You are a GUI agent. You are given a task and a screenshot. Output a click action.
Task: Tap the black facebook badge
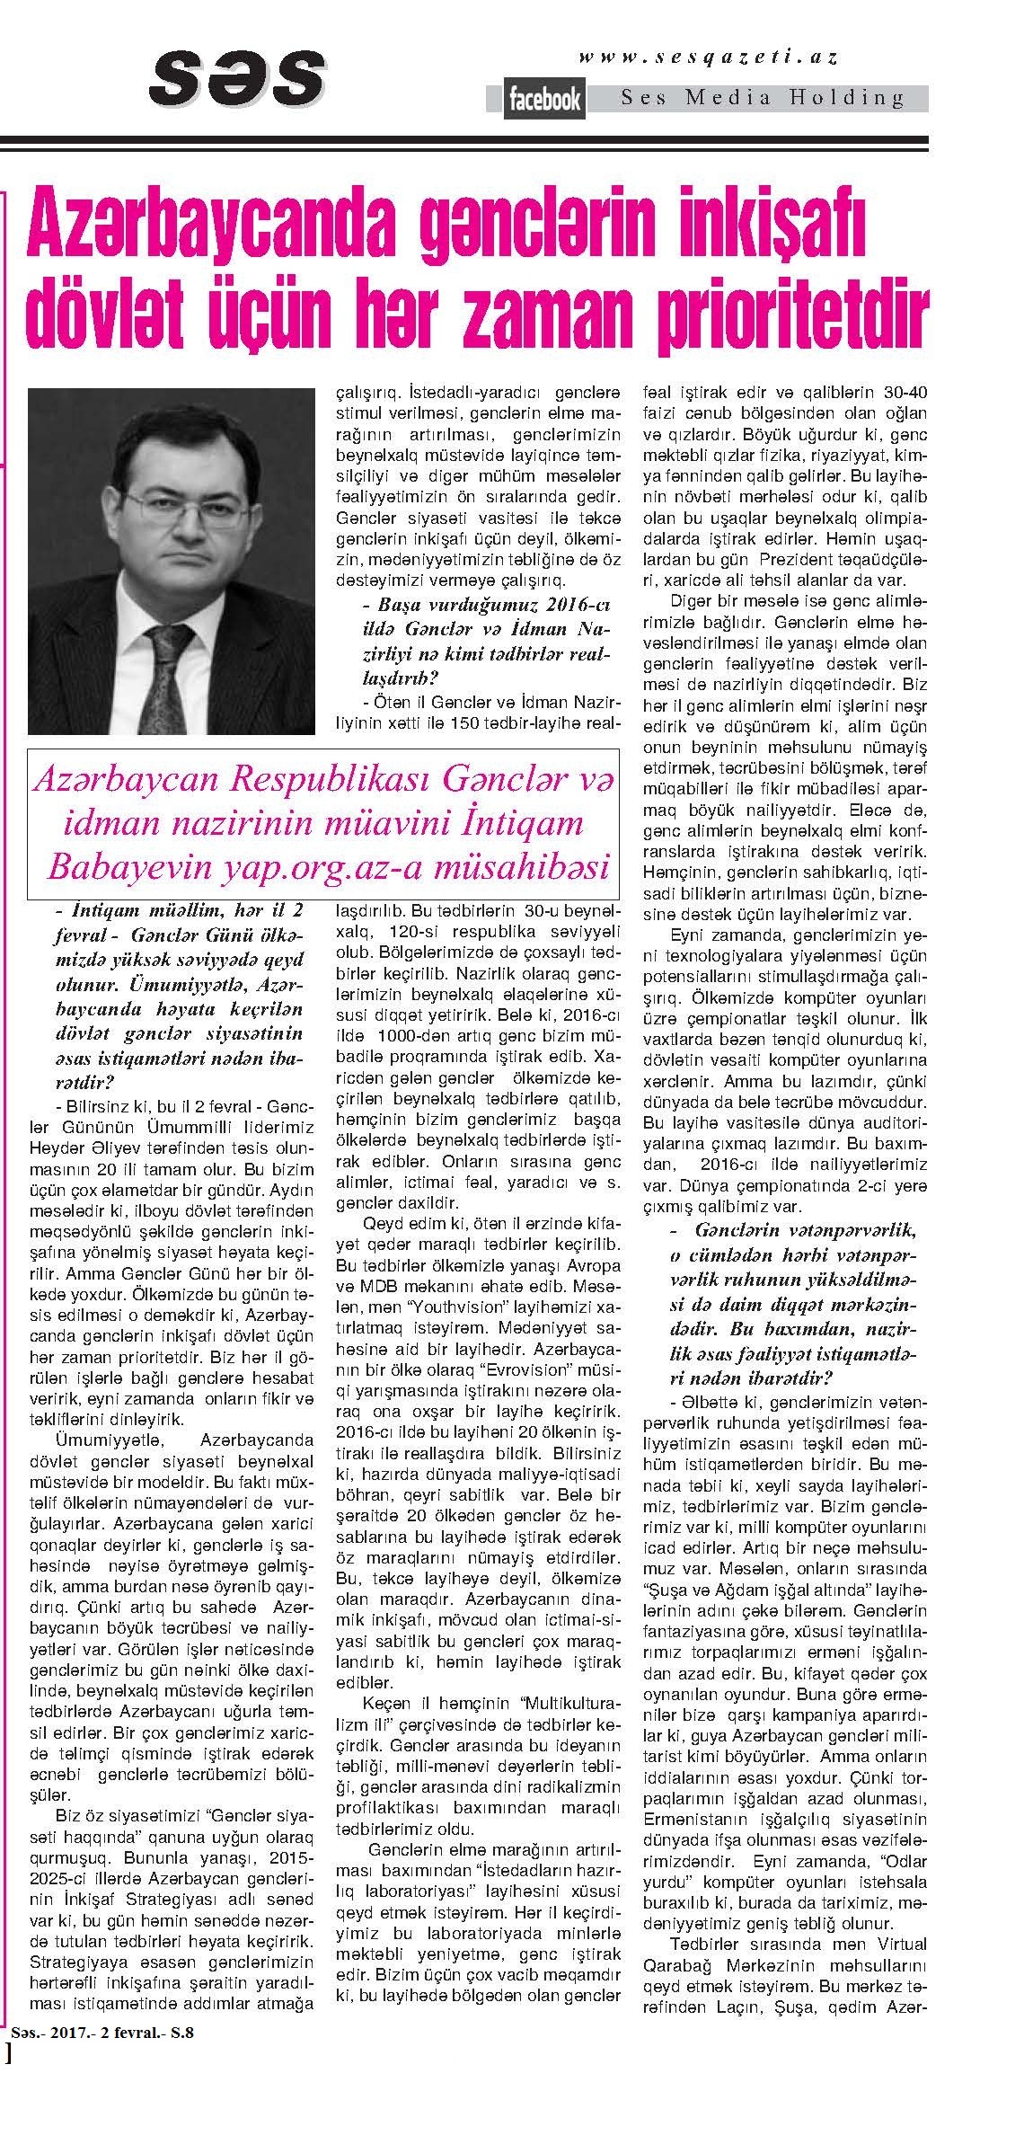[x=545, y=99]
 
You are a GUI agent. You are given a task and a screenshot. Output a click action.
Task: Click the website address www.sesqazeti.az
[x=709, y=58]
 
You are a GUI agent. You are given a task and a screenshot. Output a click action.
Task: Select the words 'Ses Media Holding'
[x=763, y=98]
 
